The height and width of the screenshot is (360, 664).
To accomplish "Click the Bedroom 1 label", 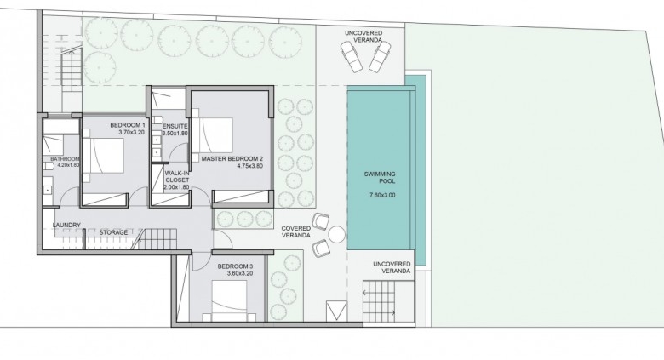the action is pyautogui.click(x=128, y=125).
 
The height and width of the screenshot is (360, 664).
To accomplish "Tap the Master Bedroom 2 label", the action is pyautogui.click(x=232, y=159).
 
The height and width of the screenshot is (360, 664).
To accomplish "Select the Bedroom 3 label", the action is pyautogui.click(x=235, y=266).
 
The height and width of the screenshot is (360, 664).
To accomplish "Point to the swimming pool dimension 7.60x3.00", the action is pyautogui.click(x=382, y=195).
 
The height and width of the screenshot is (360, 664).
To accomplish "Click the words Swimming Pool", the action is pyautogui.click(x=380, y=178).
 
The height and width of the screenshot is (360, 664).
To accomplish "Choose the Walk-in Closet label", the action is pyautogui.click(x=177, y=177).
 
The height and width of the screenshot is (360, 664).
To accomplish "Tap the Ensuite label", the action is pyautogui.click(x=175, y=126).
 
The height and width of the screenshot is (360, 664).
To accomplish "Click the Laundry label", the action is pyautogui.click(x=66, y=226).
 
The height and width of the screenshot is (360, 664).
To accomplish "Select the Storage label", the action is pyautogui.click(x=113, y=232).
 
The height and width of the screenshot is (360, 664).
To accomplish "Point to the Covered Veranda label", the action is pyautogui.click(x=296, y=231).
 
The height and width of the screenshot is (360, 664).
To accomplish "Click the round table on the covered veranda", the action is pyautogui.click(x=336, y=235).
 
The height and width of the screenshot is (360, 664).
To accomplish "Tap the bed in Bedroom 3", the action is pyautogui.click(x=229, y=301).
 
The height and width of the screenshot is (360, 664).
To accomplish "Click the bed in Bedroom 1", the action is pyautogui.click(x=103, y=156).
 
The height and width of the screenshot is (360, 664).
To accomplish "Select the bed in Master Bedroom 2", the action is pyautogui.click(x=212, y=135).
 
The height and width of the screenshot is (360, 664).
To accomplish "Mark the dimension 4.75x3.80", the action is pyautogui.click(x=249, y=166).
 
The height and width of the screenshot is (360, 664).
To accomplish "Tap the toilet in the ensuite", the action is pyautogui.click(x=157, y=119).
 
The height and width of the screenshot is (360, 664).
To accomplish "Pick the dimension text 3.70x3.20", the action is pyautogui.click(x=132, y=132).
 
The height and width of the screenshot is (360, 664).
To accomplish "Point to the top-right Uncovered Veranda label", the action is pyautogui.click(x=363, y=37).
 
